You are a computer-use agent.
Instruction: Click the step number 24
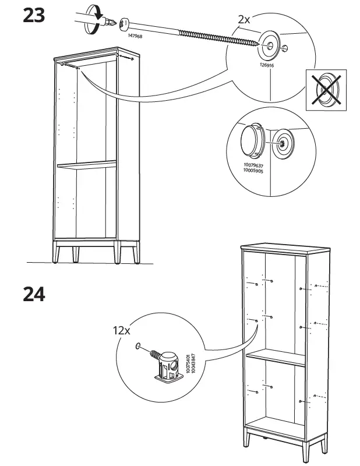(x=34, y=293)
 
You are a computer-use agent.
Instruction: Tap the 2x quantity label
(x=244, y=19)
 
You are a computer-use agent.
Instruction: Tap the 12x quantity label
(x=122, y=329)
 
